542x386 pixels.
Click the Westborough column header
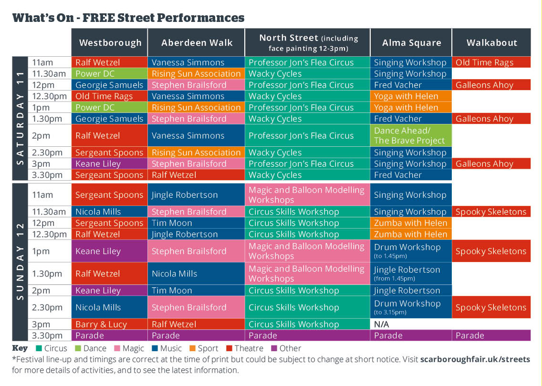pyautogui.click(x=110, y=42)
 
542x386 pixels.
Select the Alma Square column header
pyautogui.click(x=411, y=42)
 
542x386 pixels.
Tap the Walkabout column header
pyautogui.click(x=491, y=42)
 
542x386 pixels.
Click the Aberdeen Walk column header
pyautogui.click(x=197, y=42)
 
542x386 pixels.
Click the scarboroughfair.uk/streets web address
pyautogui.click(x=475, y=359)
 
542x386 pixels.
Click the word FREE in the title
pyautogui.click(x=102, y=18)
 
